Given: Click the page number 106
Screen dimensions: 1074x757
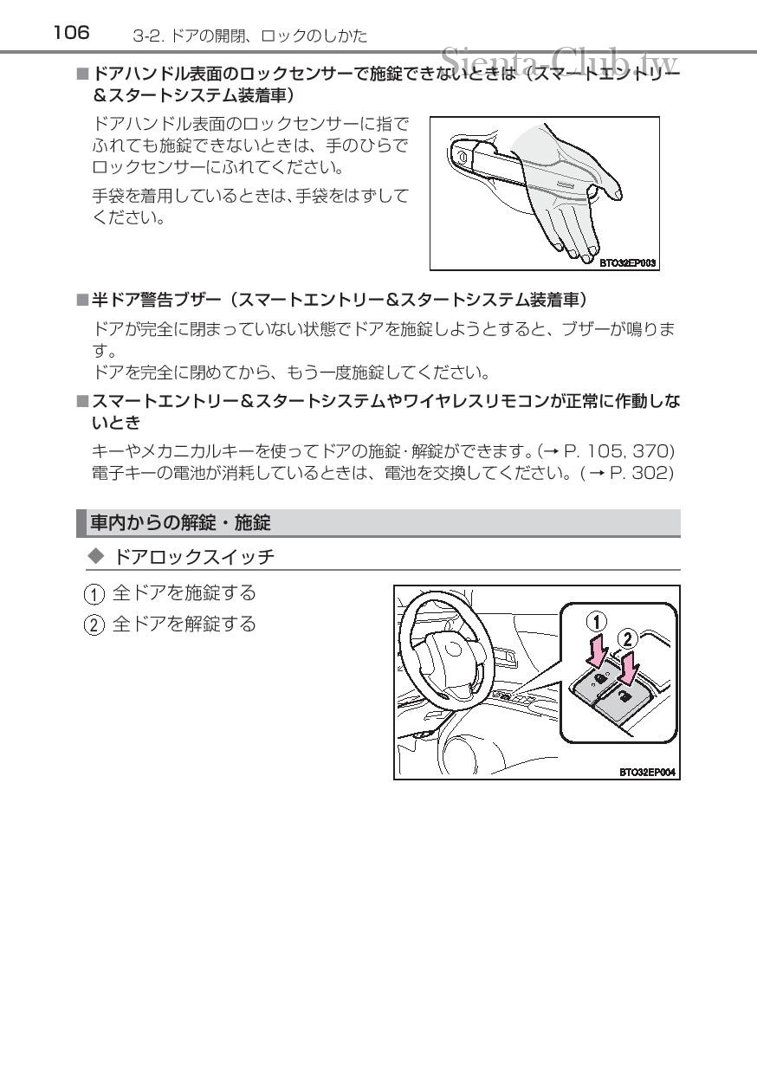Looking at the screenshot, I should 71,33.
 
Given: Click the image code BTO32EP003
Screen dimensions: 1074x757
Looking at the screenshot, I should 628,259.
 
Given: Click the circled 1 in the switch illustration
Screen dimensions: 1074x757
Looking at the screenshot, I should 598,622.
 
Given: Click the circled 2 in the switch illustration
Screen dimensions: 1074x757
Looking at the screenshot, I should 627,639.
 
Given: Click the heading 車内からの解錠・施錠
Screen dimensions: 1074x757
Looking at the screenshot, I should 181,522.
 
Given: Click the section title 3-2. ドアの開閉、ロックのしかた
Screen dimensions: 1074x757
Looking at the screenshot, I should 250,36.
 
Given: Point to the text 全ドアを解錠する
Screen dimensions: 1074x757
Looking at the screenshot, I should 184,624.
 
